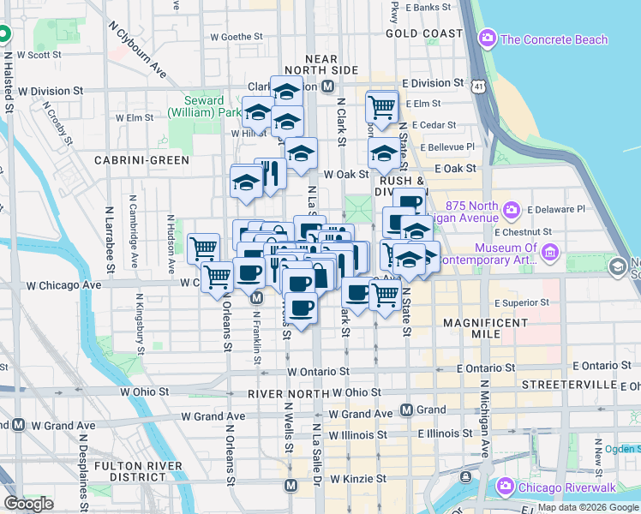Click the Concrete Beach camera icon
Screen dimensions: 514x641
point(488,39)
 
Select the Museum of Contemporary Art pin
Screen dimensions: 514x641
point(549,253)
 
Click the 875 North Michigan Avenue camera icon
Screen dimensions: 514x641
point(512,209)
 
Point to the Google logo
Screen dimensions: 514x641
point(28,504)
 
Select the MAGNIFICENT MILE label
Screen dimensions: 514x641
point(485,323)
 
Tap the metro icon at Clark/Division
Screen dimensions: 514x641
point(327,87)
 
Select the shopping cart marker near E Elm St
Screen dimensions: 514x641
point(380,107)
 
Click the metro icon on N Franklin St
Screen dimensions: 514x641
point(255,298)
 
